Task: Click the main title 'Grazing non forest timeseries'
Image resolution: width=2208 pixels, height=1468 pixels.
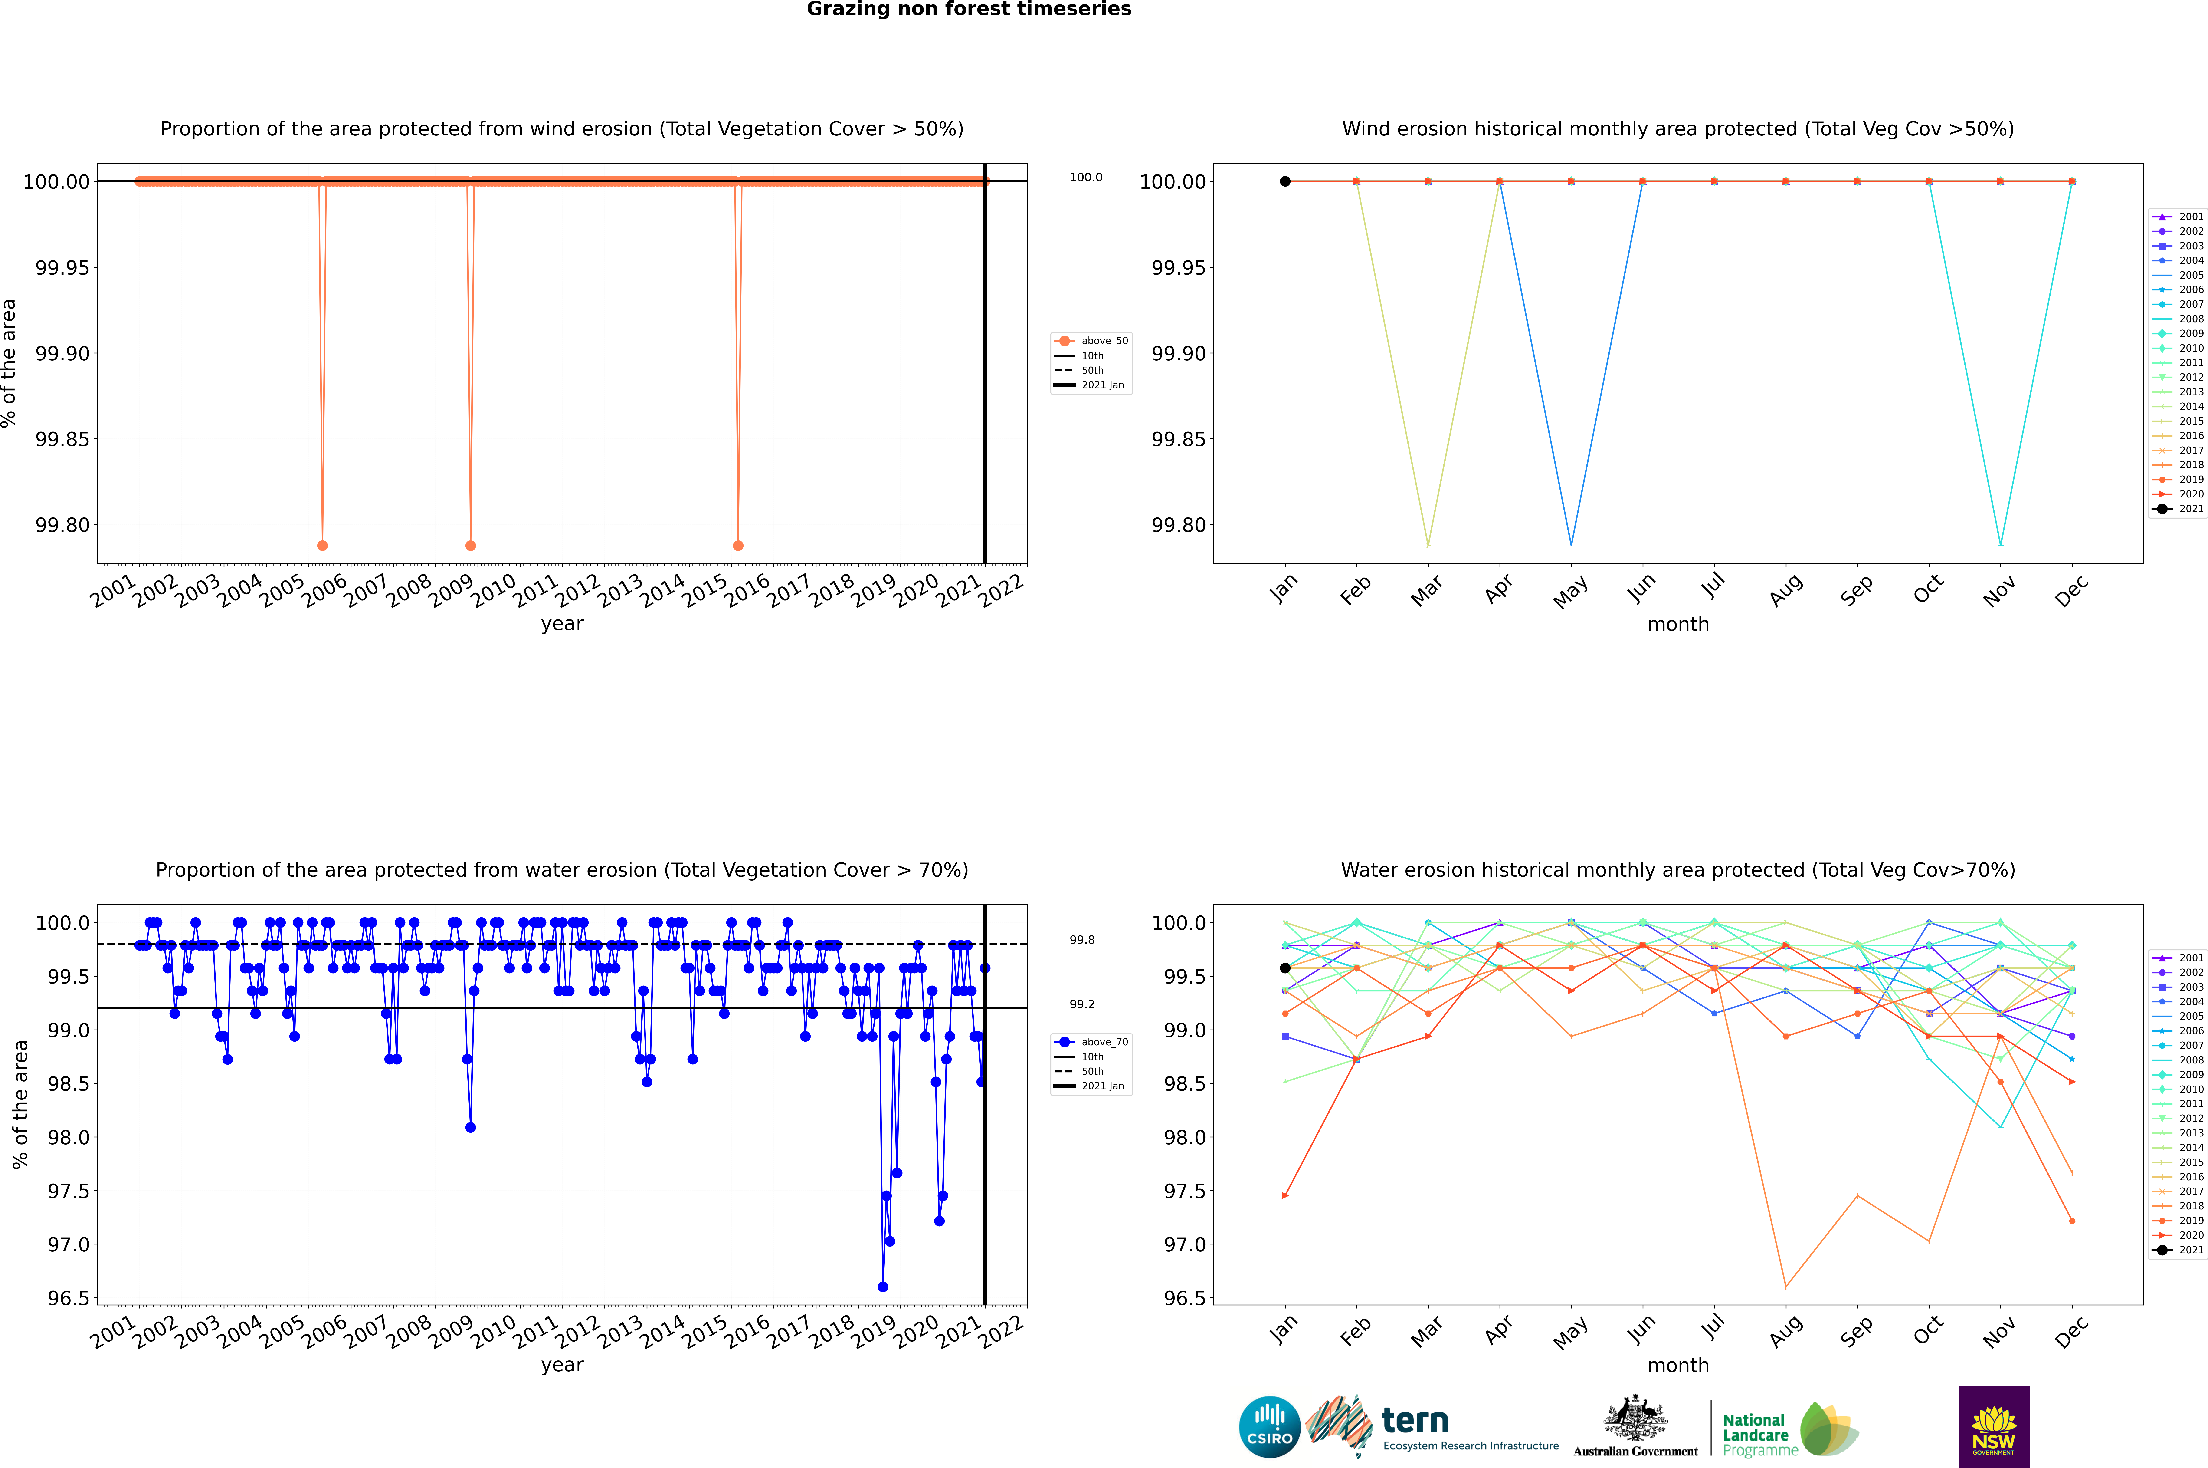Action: coord(969,9)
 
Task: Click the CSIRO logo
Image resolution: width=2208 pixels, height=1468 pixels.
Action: coord(1269,1427)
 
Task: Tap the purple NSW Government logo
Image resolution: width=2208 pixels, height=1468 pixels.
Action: coord(1994,1427)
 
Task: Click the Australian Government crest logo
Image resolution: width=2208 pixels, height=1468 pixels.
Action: coord(1635,1427)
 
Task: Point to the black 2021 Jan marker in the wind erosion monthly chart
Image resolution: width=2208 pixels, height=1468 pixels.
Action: coord(1285,182)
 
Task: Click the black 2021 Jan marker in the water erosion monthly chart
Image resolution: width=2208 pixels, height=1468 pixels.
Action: coord(1285,968)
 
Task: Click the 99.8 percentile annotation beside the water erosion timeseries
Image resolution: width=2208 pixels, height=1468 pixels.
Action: coord(1082,940)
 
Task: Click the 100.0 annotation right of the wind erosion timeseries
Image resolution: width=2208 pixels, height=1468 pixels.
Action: coord(1086,177)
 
